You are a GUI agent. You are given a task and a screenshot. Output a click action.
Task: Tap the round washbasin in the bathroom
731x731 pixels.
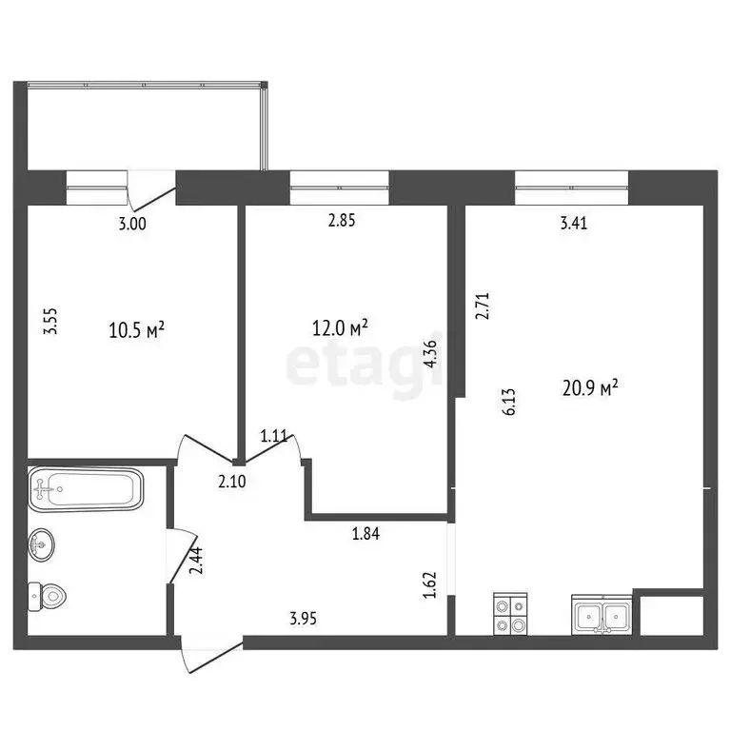pos(44,543)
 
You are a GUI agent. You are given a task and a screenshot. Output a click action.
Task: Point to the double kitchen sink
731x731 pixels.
pos(602,614)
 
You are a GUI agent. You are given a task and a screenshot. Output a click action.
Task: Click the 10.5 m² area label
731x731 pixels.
pos(138,329)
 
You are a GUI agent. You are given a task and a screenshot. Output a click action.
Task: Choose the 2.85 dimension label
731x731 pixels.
pos(342,223)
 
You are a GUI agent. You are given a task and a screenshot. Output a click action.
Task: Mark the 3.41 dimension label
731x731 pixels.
pos(574,225)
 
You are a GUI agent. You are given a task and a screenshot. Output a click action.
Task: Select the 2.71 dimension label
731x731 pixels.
pos(481,307)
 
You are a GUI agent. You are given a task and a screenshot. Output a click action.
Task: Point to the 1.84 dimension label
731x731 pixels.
pos(367,534)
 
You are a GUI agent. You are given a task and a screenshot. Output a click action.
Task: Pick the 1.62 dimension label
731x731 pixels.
pos(429,583)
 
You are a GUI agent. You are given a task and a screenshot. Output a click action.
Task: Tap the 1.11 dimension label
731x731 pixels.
pos(275,437)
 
